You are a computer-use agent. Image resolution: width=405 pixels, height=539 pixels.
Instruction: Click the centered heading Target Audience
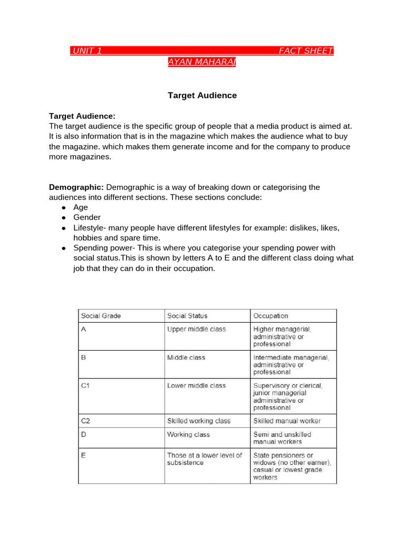(x=202, y=95)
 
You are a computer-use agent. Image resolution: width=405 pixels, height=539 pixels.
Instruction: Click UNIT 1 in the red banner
(x=87, y=51)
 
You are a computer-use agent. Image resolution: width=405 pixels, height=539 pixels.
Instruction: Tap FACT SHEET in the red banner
(x=306, y=51)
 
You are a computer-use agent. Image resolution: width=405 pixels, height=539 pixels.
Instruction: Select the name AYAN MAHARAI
(x=202, y=62)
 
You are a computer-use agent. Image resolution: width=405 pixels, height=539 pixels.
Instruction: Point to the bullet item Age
(x=81, y=207)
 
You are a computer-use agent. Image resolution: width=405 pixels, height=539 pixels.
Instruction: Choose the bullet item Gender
(x=87, y=217)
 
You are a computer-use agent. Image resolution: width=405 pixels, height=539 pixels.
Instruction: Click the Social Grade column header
(x=101, y=316)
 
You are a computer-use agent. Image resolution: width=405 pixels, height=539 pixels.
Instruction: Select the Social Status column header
(x=187, y=316)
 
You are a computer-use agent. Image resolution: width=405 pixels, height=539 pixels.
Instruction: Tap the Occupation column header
(x=271, y=316)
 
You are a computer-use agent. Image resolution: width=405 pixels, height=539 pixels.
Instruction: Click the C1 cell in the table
(x=86, y=386)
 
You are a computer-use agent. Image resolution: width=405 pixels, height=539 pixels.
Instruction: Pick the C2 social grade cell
(x=86, y=421)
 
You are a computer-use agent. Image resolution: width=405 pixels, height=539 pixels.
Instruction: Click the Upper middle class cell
(x=196, y=330)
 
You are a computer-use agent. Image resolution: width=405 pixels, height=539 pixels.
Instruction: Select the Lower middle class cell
(x=196, y=386)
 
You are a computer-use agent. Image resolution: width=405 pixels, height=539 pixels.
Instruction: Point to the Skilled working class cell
(x=199, y=421)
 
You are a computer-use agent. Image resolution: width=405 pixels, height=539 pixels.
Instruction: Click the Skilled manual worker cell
(x=287, y=421)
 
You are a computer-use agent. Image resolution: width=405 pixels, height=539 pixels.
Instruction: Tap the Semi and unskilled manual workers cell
(x=282, y=438)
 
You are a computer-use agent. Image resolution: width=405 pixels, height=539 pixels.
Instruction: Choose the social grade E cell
(x=83, y=455)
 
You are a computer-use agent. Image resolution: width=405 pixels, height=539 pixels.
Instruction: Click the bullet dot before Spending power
(x=63, y=248)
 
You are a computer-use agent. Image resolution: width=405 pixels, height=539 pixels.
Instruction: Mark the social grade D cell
(x=83, y=435)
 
